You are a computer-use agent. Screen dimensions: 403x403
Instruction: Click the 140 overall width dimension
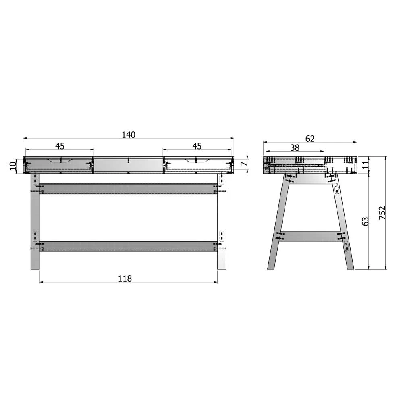(x=129, y=135)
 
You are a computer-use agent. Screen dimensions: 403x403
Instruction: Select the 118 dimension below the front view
(x=125, y=278)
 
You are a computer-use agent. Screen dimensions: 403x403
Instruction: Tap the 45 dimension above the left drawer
(x=60, y=146)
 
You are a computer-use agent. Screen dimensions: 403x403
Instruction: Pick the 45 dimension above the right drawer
(x=197, y=146)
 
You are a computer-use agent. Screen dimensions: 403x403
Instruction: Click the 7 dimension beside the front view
(x=245, y=163)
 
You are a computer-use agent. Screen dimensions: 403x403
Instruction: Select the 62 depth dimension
(x=310, y=139)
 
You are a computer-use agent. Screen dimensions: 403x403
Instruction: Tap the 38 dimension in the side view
(x=295, y=147)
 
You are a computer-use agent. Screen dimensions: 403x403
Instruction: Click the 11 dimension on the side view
(x=365, y=164)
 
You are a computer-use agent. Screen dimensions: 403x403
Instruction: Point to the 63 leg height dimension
(x=365, y=221)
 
